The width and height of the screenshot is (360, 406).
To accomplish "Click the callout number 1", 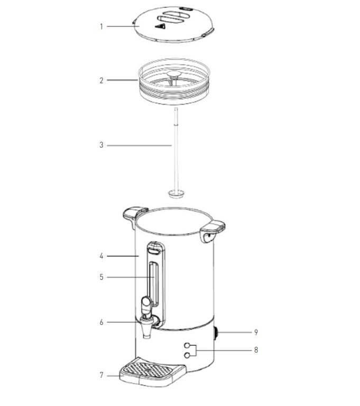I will [x=101, y=26].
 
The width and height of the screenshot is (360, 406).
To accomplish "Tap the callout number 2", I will [x=101, y=80].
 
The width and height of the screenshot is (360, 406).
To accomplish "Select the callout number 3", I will [x=101, y=145].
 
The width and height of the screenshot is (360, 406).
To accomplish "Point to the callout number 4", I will [x=101, y=256].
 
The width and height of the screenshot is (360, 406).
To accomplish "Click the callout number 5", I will [x=101, y=277].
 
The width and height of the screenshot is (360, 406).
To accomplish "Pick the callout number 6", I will [x=101, y=322].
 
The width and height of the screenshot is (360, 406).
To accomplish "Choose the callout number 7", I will [x=101, y=375].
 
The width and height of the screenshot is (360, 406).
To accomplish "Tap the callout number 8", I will [x=256, y=350].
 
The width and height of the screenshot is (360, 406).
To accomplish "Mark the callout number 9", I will [x=256, y=333].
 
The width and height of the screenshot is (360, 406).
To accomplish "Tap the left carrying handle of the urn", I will [x=133, y=213].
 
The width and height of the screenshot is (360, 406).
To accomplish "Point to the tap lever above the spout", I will [x=145, y=303].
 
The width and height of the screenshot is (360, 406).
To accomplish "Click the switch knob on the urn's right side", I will [x=217, y=333].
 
